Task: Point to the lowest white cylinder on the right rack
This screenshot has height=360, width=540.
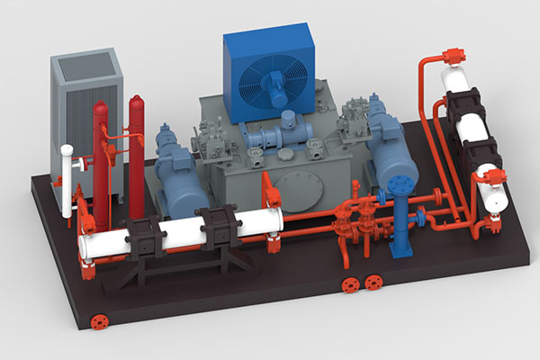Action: point(491,193)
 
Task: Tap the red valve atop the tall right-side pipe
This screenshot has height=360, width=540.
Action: point(452,55)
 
